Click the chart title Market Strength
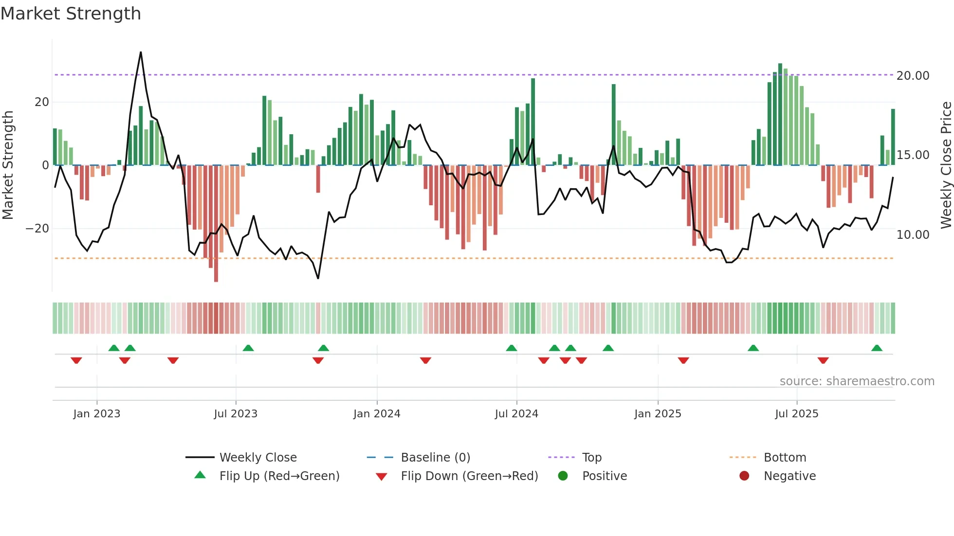click(x=71, y=14)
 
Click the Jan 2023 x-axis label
click(x=96, y=414)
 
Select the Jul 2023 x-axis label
click(x=236, y=414)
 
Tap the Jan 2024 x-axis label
click(x=377, y=414)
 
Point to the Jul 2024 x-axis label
click(x=516, y=414)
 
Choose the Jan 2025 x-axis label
click(x=658, y=414)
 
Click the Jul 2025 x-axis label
click(x=797, y=414)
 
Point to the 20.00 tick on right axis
click(x=913, y=76)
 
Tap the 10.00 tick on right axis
click(x=913, y=235)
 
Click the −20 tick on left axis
click(x=37, y=229)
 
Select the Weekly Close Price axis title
click(x=946, y=165)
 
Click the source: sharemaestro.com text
click(x=857, y=381)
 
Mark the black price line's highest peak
click(x=141, y=53)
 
